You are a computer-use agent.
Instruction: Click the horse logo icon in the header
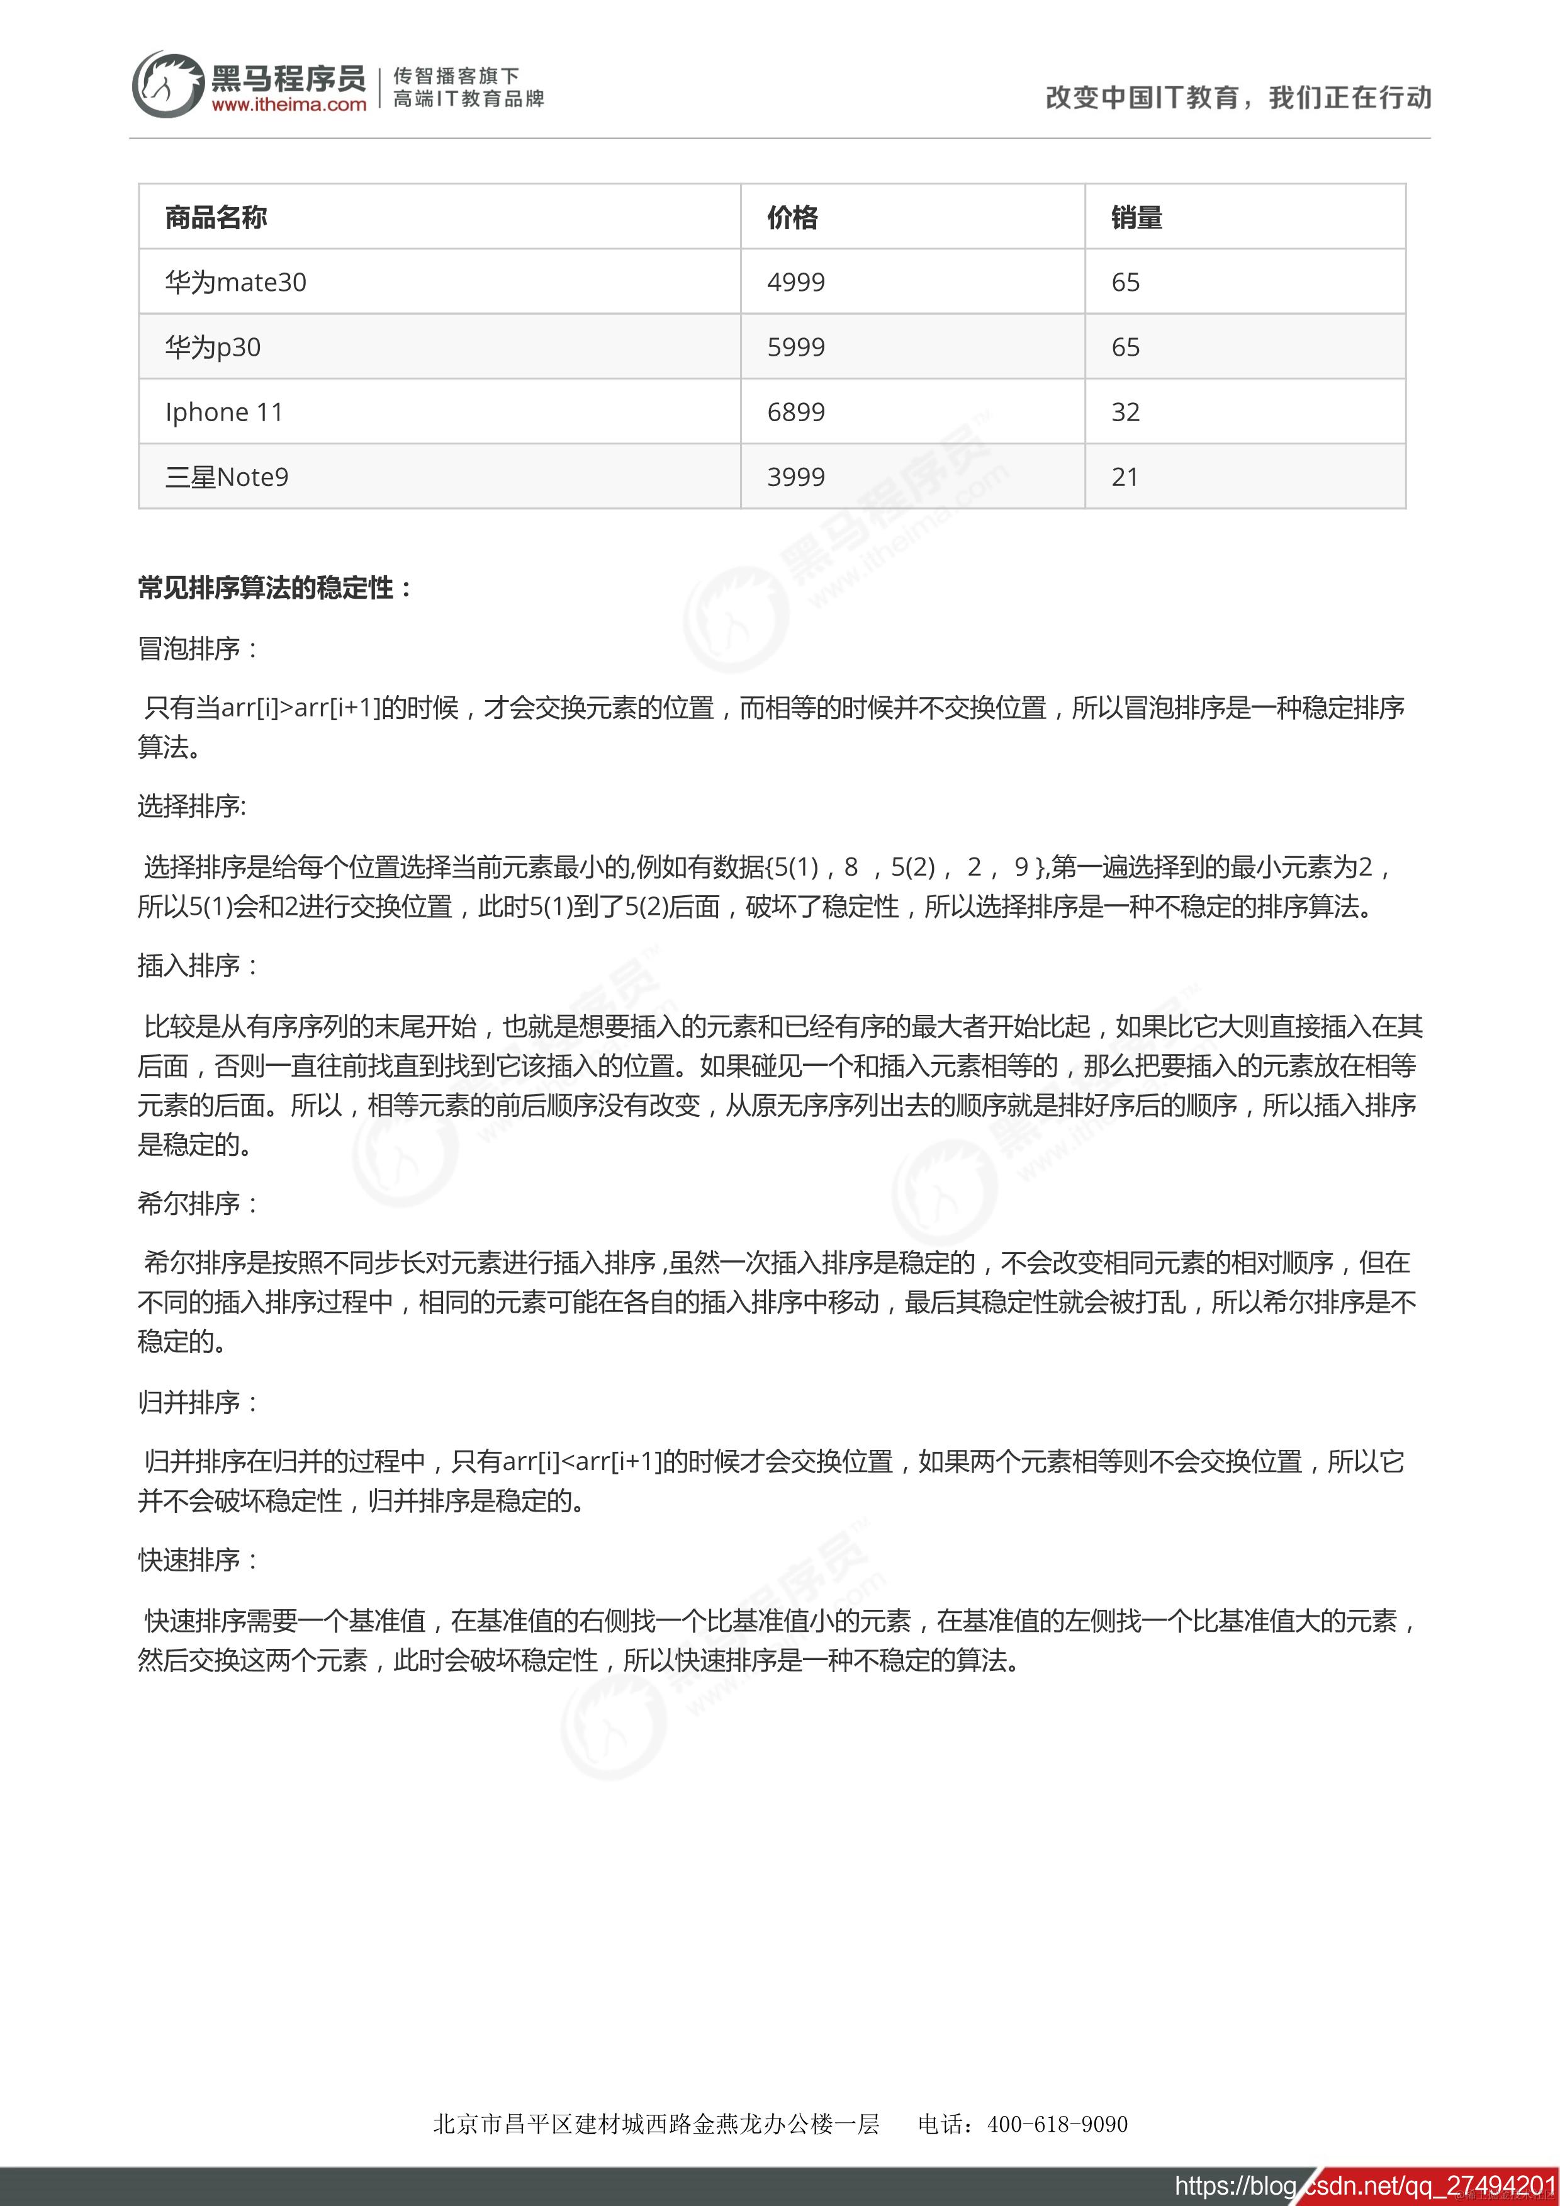(168, 84)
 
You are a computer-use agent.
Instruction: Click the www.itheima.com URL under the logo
(289, 105)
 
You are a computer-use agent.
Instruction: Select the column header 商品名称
(216, 218)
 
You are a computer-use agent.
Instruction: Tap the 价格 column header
(792, 218)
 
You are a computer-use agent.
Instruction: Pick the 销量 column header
(1136, 218)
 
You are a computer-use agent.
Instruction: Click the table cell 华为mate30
(235, 283)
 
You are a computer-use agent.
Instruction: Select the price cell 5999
(795, 347)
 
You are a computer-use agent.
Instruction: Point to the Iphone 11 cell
(224, 412)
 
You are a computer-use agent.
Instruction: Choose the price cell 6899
(795, 412)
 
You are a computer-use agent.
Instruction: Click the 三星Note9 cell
(227, 477)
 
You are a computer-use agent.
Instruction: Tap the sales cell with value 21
(1125, 477)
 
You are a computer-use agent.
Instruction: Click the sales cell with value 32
(1125, 412)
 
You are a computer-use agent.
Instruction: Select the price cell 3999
(795, 477)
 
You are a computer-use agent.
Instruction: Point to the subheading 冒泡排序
(197, 648)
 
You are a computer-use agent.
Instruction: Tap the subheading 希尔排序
(197, 1203)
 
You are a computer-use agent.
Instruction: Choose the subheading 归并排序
(197, 1402)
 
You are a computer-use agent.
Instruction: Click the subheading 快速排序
(197, 1560)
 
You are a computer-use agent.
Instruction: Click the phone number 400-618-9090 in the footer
(1057, 2124)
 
